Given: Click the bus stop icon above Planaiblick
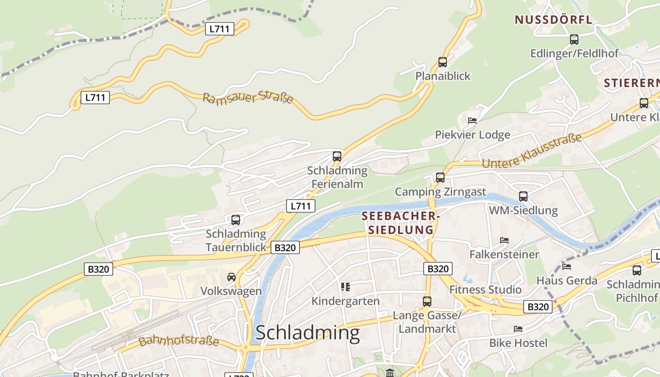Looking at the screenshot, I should pyautogui.click(x=442, y=62).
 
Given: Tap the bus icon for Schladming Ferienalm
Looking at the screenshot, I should pyautogui.click(x=337, y=156).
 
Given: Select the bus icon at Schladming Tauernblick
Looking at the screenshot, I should pyautogui.click(x=235, y=220).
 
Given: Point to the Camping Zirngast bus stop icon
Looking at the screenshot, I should pyautogui.click(x=440, y=178).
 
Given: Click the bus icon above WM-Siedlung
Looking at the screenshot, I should pyautogui.click(x=523, y=196).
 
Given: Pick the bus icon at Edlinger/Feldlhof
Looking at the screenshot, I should pyautogui.click(x=574, y=40).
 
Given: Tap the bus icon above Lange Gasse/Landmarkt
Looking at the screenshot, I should pyautogui.click(x=427, y=301).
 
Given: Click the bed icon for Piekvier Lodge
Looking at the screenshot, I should pyautogui.click(x=472, y=121).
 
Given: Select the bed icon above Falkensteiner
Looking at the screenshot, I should pyautogui.click(x=504, y=240).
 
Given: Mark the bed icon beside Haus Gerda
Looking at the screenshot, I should pyautogui.click(x=566, y=267).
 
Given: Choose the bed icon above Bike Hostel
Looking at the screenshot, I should pyautogui.click(x=518, y=328).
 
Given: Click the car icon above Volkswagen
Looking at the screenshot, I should pyautogui.click(x=231, y=277).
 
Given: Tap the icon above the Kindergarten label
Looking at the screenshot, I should pyautogui.click(x=345, y=287).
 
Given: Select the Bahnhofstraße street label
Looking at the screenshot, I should pyautogui.click(x=179, y=340).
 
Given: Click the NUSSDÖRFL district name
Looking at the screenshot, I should pyautogui.click(x=553, y=20).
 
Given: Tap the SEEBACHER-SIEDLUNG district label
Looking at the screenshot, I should pyautogui.click(x=400, y=223).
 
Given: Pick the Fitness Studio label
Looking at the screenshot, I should pyautogui.click(x=485, y=289).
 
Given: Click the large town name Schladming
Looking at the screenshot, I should pyautogui.click(x=307, y=333).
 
